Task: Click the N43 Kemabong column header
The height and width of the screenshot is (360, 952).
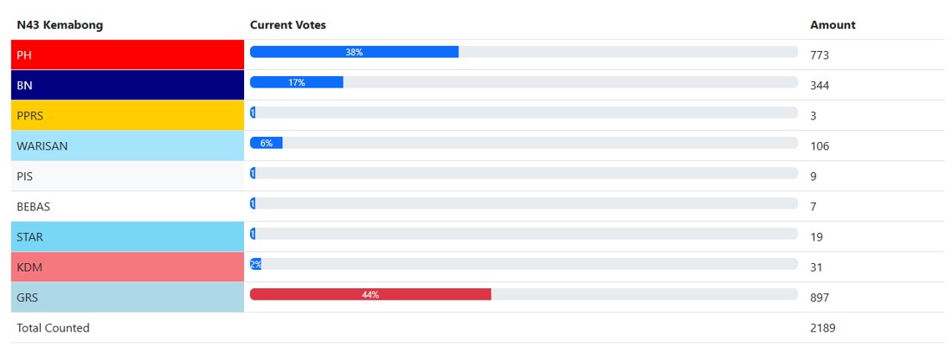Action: [x=60, y=25]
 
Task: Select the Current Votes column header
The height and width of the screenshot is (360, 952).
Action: [x=287, y=25]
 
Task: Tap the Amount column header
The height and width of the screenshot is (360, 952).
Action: [x=833, y=25]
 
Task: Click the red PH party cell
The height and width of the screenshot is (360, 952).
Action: [x=127, y=55]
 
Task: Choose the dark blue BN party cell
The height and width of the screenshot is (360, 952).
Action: [x=127, y=85]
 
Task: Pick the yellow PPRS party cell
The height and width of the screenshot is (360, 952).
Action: [x=127, y=115]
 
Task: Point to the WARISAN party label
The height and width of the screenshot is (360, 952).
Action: [x=42, y=146]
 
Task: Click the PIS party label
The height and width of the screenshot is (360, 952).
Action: [x=25, y=177]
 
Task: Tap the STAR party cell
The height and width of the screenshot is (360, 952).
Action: [x=127, y=236]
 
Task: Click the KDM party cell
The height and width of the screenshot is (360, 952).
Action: [x=127, y=267]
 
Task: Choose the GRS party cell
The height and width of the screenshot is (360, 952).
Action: [x=127, y=298]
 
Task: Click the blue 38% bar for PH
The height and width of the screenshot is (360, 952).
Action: [x=354, y=52]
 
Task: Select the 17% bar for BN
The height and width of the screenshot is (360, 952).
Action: [x=297, y=82]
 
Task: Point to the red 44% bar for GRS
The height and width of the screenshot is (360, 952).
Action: [x=370, y=294]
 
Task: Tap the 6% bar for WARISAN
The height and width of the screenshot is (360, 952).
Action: [x=267, y=143]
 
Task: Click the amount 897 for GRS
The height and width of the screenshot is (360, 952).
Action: [x=820, y=298]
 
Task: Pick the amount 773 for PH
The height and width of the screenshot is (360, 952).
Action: [x=820, y=55]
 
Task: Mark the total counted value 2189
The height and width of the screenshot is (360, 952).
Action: [x=823, y=328]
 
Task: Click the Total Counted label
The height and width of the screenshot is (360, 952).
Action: [x=53, y=328]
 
